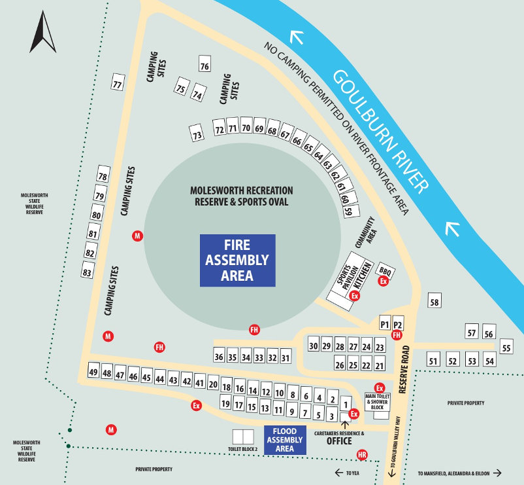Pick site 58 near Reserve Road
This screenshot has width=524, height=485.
435,301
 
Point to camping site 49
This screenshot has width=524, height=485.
93,372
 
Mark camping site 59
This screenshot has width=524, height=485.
349,211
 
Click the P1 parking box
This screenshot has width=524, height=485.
384,324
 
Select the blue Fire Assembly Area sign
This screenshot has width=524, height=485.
237,260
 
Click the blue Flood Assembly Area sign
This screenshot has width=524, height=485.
285,440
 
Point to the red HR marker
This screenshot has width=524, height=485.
362,455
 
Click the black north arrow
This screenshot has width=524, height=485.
43,33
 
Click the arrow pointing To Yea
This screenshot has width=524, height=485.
339,473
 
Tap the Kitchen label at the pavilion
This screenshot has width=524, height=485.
363,277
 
